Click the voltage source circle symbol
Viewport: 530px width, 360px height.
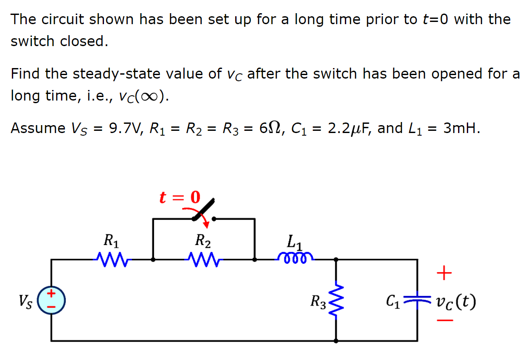pyautogui.click(x=51, y=301)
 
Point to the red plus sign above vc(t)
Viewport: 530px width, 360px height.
pyautogui.click(x=444, y=274)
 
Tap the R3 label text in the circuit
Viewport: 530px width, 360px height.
pyautogui.click(x=319, y=302)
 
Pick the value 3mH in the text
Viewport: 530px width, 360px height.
pyautogui.click(x=461, y=128)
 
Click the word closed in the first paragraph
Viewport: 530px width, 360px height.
pyautogui.click(x=83, y=41)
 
